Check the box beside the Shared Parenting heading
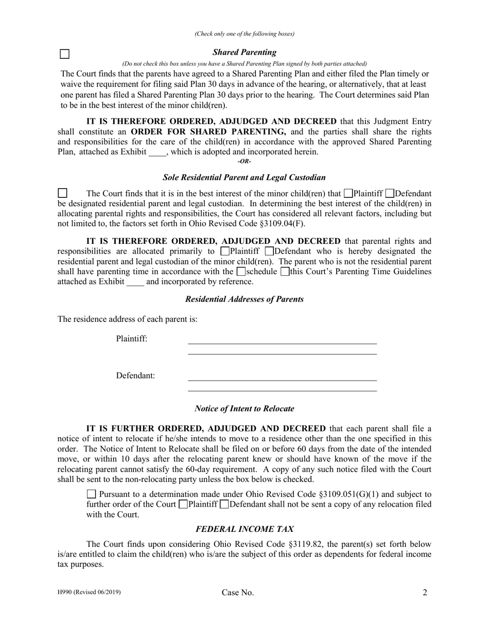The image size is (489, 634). pyautogui.click(x=65, y=54)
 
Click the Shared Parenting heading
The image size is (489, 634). pyautogui.click(x=244, y=52)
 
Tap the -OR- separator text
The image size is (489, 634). pyautogui.click(x=244, y=161)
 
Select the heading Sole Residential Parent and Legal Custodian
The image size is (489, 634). pyautogui.click(x=244, y=177)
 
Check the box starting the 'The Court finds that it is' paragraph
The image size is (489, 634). pyautogui.click(x=62, y=193)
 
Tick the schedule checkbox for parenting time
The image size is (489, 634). pyautogui.click(x=241, y=271)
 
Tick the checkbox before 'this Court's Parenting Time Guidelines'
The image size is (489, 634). pyautogui.click(x=285, y=271)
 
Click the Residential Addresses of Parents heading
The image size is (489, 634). pyautogui.click(x=244, y=299)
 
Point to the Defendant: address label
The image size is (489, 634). pyautogui.click(x=135, y=376)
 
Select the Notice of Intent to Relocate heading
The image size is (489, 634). pyautogui.click(x=244, y=408)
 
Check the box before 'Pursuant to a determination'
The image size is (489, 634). pyautogui.click(x=92, y=494)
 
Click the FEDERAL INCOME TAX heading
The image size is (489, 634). pyautogui.click(x=244, y=529)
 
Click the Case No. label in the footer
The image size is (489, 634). pyautogui.click(x=238, y=593)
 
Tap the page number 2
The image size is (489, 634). pyautogui.click(x=425, y=593)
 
